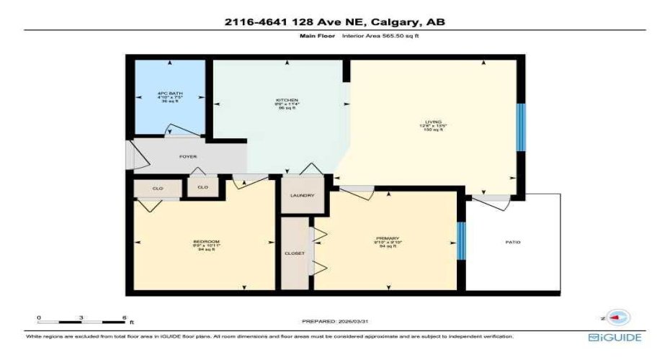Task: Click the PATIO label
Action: (512, 242)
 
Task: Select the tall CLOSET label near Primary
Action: (294, 253)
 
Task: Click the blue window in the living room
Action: (520, 127)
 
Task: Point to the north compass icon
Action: (618, 317)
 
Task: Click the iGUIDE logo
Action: (614, 337)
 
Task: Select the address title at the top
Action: (334, 22)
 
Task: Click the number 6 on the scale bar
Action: (124, 317)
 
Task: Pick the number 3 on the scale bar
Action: (81, 317)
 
